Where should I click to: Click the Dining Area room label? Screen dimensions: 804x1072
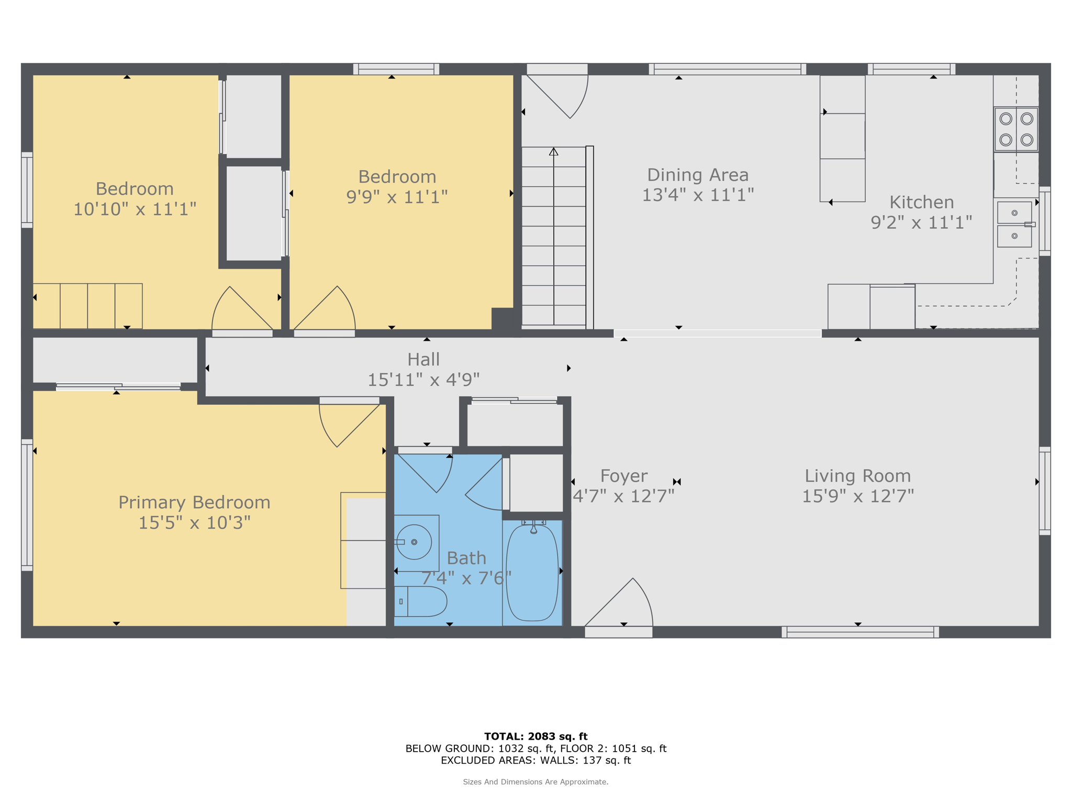(697, 175)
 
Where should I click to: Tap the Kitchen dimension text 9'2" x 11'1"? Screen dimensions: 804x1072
(921, 222)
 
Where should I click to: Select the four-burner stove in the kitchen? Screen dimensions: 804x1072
(1016, 129)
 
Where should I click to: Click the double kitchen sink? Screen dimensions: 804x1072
(1014, 224)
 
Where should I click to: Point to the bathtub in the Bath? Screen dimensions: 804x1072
(532, 573)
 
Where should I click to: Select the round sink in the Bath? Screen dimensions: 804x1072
(414, 542)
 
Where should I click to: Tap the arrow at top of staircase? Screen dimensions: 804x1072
(553, 152)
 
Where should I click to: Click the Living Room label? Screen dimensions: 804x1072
(857, 476)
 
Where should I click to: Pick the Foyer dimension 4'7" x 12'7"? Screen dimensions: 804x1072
(623, 496)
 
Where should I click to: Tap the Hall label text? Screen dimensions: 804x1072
(423, 360)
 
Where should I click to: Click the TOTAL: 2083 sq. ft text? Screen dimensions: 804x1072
(535, 736)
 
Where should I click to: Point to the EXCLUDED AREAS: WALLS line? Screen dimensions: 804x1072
(535, 760)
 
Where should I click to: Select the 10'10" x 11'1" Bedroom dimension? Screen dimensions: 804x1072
(135, 209)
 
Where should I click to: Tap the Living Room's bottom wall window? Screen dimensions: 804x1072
(859, 632)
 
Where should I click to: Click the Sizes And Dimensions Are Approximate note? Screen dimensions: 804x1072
(535, 782)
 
